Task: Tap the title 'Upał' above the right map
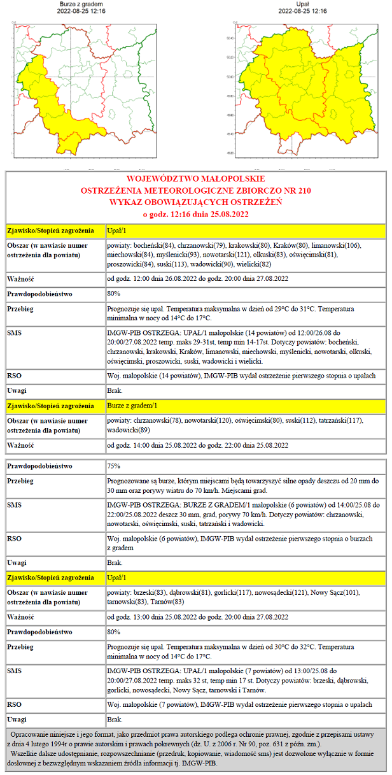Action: pyautogui.click(x=302, y=4)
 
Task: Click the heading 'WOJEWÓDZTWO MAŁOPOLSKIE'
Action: pyautogui.click(x=195, y=179)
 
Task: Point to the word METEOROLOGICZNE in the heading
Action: pyautogui.click(x=197, y=190)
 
